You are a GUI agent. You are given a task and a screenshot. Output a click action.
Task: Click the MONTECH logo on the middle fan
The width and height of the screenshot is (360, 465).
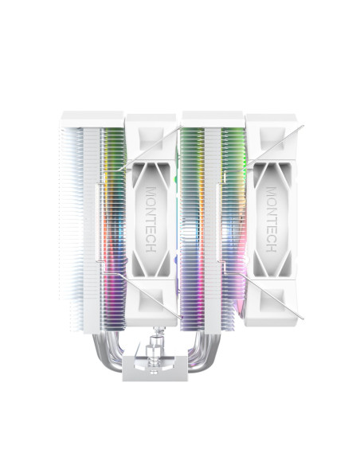[151, 220]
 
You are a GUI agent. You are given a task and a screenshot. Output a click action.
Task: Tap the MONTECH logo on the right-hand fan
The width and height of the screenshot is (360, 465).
[271, 220]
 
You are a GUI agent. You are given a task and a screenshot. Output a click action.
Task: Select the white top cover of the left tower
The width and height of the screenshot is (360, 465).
[92, 119]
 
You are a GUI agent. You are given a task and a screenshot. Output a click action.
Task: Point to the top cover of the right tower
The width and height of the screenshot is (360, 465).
[212, 119]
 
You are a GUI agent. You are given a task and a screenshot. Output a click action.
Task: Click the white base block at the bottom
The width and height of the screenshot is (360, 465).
[155, 368]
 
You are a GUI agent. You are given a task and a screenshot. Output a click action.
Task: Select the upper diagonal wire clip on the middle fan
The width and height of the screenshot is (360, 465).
[150, 148]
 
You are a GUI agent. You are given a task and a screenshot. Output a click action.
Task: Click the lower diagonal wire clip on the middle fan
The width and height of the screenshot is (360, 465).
[150, 296]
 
